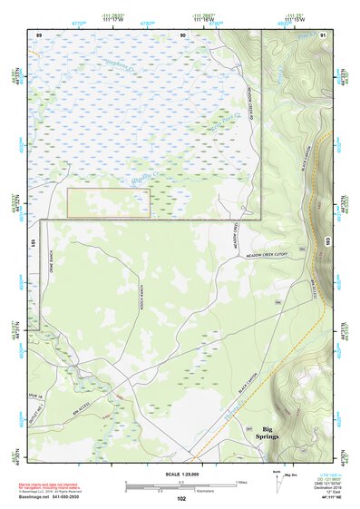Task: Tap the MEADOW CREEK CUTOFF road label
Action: coord(267,258)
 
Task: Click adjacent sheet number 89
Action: coord(39,34)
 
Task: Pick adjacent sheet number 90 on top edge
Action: coord(183,34)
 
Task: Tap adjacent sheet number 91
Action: coord(323,34)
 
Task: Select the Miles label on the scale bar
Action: coord(240,482)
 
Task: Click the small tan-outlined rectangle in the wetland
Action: coord(109,203)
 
